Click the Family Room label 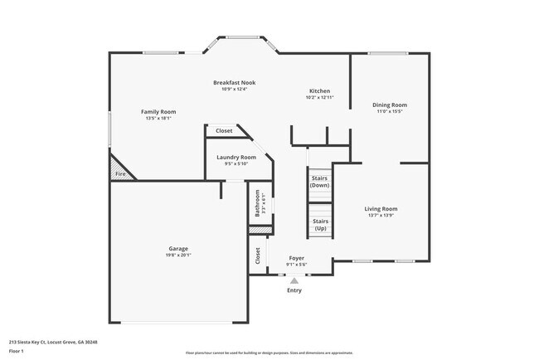(158, 112)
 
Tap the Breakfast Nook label (234, 82)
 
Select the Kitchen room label (320, 91)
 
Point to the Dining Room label (390, 105)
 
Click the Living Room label (381, 209)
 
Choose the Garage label (178, 249)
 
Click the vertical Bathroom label (258, 204)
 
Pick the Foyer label (296, 259)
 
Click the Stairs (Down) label (320, 182)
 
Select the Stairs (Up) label (320, 224)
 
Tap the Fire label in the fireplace (120, 174)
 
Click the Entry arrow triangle (294, 281)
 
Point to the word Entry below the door (294, 290)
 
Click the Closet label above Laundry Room (224, 131)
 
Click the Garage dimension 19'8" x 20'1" (178, 255)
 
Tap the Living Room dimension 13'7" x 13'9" (381, 216)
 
